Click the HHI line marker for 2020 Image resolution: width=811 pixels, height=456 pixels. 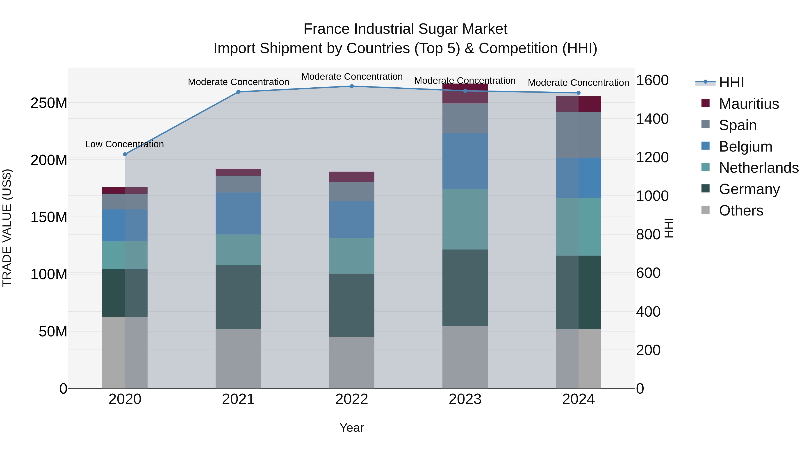tap(125, 154)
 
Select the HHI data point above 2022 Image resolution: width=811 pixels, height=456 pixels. tap(352, 86)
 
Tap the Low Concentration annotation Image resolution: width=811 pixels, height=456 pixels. tap(124, 144)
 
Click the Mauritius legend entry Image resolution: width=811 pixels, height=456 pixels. tap(749, 104)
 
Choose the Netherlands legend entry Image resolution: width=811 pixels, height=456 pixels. tap(759, 168)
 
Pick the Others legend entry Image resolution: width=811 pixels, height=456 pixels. tap(741, 211)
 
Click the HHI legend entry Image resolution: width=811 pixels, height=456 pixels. tap(731, 82)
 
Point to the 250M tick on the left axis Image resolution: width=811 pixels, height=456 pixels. tap(49, 103)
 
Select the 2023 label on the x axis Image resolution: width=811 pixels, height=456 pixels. tap(465, 399)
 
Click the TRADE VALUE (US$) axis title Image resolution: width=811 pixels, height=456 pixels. tap(7, 228)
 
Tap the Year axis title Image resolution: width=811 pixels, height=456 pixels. tap(352, 428)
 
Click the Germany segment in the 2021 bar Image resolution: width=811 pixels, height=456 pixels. tap(238, 297)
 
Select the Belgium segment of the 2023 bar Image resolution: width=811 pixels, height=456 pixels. tap(465, 161)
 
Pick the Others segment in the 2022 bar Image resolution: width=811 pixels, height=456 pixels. tap(352, 363)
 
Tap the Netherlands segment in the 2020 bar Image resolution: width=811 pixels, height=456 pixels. tap(125, 255)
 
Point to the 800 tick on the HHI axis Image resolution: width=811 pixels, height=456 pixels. tap(648, 234)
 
